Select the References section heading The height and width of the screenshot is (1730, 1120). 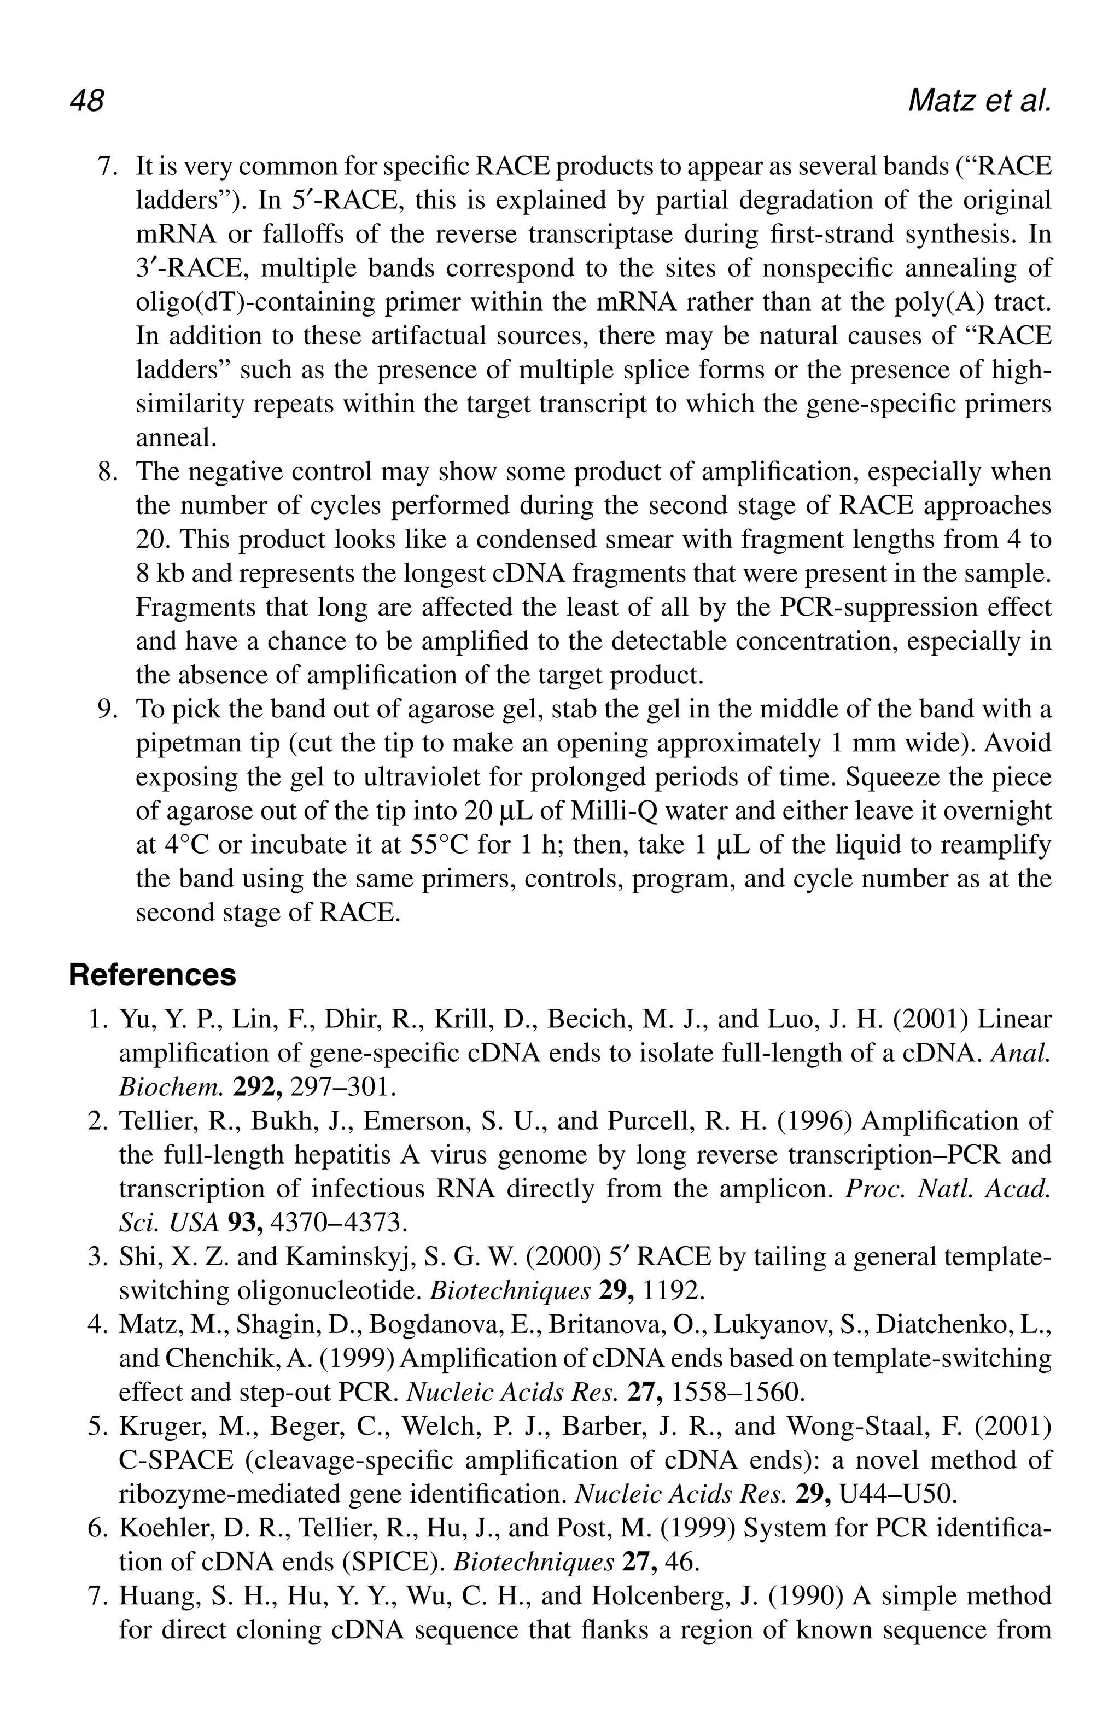(153, 975)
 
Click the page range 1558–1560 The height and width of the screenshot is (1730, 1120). (737, 1393)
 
